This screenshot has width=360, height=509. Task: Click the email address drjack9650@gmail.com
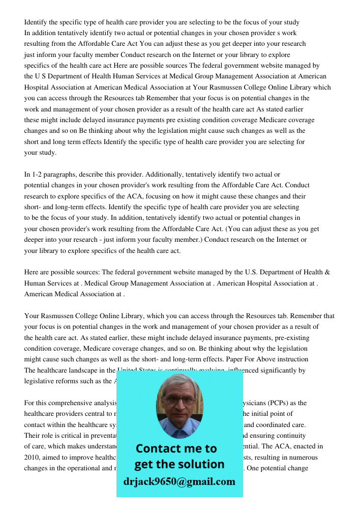pyautogui.click(x=179, y=481)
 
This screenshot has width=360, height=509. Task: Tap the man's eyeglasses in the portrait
pyautogui.click(x=179, y=401)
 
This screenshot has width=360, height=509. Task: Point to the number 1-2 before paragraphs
pyautogui.click(x=38, y=175)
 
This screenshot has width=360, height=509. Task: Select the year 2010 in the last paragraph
pyautogui.click(x=32, y=457)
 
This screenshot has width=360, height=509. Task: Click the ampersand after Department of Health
pyautogui.click(x=327, y=272)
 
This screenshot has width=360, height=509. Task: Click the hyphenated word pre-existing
pyautogui.click(x=291, y=337)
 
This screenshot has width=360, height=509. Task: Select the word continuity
pyautogui.click(x=289, y=435)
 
